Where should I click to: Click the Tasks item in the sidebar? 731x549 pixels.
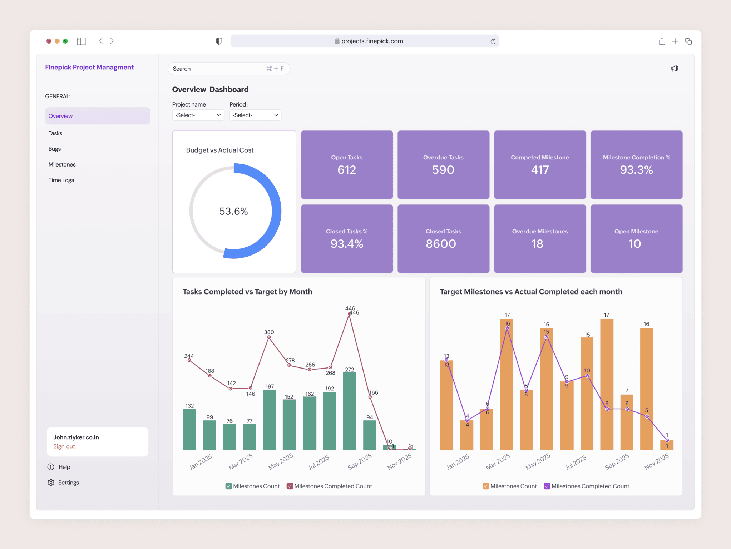point(55,133)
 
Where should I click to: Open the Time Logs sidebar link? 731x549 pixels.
point(61,180)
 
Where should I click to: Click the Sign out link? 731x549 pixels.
point(64,446)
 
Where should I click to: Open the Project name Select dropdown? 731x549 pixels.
point(198,115)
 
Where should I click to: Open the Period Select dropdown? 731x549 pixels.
point(255,115)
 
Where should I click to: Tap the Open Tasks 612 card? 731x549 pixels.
point(347,165)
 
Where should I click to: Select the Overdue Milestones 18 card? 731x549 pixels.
point(540,239)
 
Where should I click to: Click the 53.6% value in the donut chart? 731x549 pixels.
point(233,211)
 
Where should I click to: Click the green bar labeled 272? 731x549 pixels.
point(349,411)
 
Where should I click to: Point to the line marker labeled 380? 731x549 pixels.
point(269,337)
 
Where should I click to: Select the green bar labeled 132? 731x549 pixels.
point(189,429)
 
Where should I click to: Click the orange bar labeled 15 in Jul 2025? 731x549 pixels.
point(587,393)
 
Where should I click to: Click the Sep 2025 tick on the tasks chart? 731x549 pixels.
point(360,461)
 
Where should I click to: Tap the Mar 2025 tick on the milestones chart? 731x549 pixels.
point(498,461)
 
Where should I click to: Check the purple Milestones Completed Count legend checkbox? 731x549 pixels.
point(547,486)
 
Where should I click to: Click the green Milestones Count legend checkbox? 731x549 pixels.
point(229,486)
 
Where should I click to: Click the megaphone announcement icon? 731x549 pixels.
point(675,69)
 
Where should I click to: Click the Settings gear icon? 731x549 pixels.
point(51,483)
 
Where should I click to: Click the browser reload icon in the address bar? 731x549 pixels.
point(493,41)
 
